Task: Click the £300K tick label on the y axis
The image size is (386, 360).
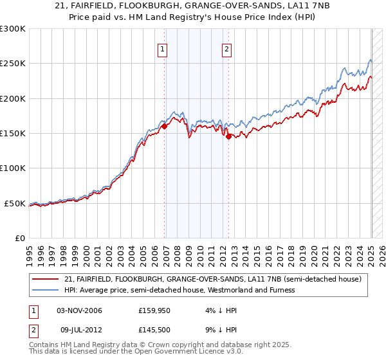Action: [13, 29]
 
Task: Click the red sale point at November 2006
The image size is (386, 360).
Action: [164, 127]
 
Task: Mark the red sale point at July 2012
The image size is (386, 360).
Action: [228, 136]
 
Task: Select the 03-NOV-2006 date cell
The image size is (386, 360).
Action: [79, 311]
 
